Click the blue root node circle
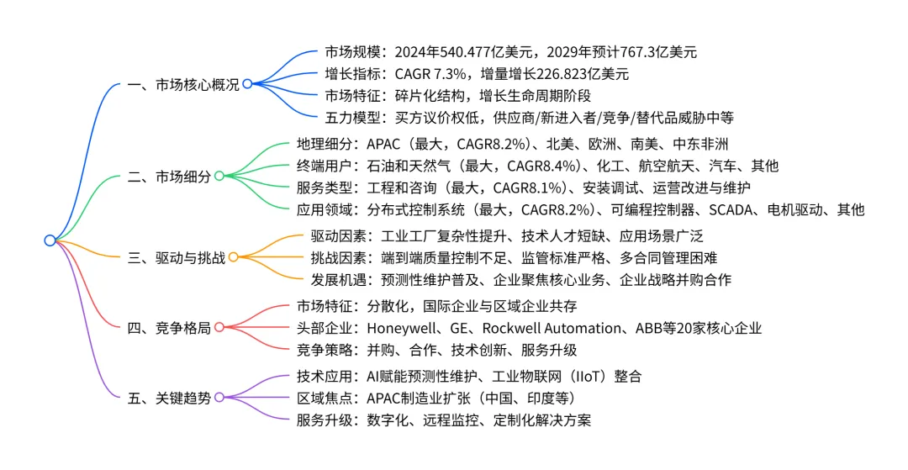[50, 240]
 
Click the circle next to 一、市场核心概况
[247, 84]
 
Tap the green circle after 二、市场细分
[219, 176]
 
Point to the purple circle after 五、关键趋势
[219, 397]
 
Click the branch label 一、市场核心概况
[183, 84]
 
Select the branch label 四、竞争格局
[169, 327]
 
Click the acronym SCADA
[731, 209]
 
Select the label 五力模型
[352, 117]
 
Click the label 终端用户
[325, 166]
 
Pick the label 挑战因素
[338, 257]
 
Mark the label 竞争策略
[325, 350]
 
